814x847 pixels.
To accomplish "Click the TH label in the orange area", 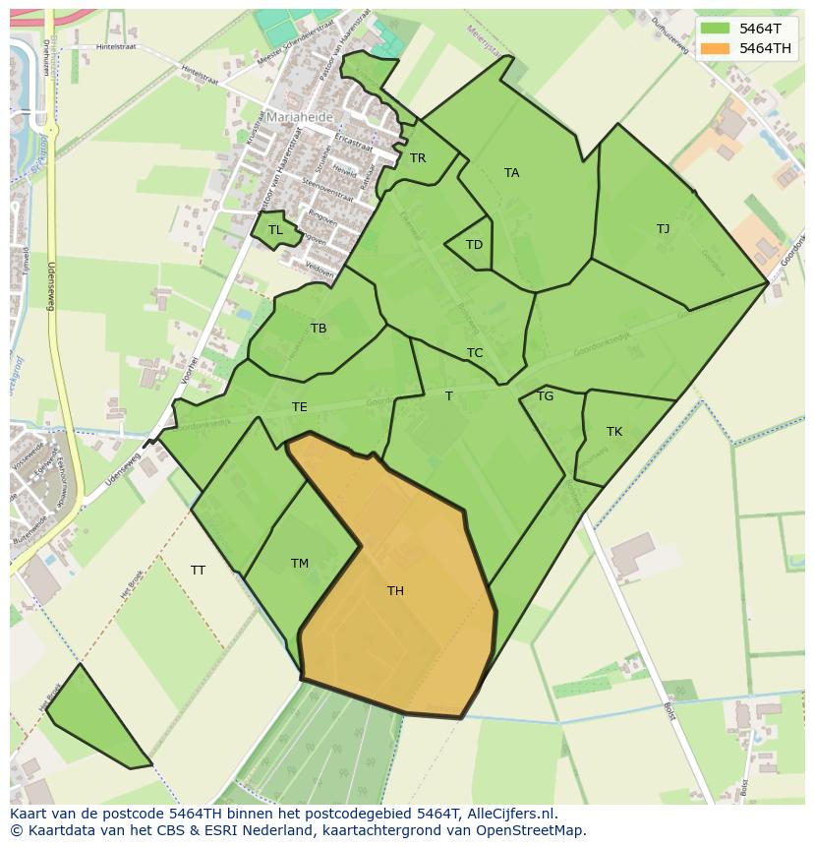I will pos(395,591).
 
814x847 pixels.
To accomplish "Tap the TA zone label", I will pos(511,173).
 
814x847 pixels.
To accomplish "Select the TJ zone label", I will pos(663,229).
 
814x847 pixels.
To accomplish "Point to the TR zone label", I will pos(418,158).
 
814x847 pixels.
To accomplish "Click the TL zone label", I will pos(275,230).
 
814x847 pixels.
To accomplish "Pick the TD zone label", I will pos(474,245).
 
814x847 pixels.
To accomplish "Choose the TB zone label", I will pos(319,329).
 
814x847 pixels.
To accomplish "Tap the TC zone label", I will pos(475,353).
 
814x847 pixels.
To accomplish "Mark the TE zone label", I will pos(299,407).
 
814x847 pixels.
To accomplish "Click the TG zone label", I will pos(545,396).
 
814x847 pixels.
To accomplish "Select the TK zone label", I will pos(614,432).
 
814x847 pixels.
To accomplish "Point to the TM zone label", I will pos(300,564).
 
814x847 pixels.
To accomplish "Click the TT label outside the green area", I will pos(198,571).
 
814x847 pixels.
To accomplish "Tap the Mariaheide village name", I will pos(299,116).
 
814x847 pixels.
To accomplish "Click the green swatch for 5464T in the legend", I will pos(715,29).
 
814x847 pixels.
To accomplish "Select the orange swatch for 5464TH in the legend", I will pos(715,48).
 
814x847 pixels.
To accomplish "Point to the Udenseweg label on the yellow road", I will pos(51,285).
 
